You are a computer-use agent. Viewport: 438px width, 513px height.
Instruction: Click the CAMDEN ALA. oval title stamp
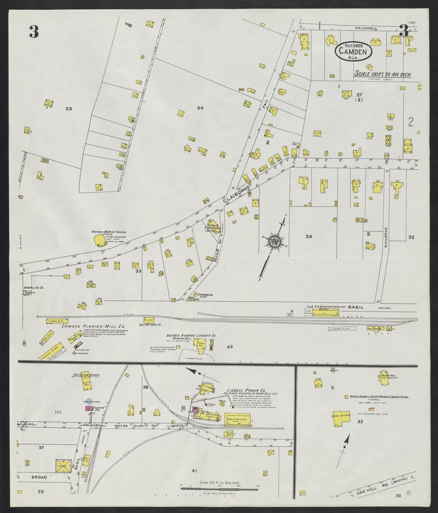[353, 51]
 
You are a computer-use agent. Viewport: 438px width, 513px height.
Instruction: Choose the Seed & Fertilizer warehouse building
[237, 419]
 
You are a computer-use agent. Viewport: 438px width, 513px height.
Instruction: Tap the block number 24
[200, 108]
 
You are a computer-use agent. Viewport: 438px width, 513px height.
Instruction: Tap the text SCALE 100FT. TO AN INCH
[382, 74]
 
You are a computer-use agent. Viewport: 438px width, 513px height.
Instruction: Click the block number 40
[229, 347]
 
